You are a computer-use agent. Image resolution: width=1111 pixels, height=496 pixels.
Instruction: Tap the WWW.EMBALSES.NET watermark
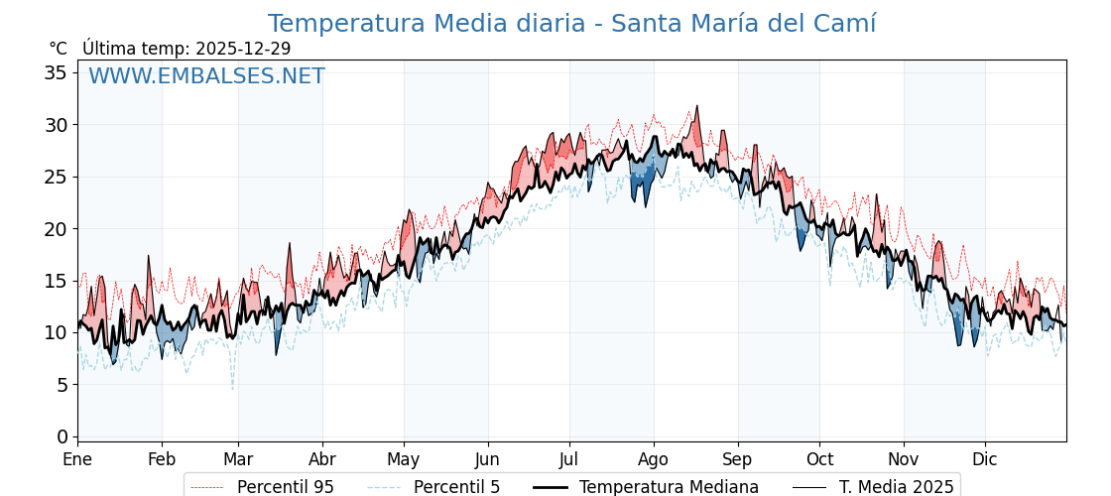[x=206, y=76]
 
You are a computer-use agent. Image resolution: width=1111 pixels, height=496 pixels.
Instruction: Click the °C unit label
[x=58, y=49]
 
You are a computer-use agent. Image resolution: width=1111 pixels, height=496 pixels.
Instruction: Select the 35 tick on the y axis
[x=56, y=72]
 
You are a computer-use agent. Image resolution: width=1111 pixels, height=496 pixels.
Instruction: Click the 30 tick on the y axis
[x=56, y=125]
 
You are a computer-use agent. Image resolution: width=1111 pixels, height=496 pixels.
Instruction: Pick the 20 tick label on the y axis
[x=56, y=228]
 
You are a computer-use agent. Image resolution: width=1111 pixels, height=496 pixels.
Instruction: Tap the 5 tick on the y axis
[x=62, y=384]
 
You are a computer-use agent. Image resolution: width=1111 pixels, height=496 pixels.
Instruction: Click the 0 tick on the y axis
[x=62, y=436]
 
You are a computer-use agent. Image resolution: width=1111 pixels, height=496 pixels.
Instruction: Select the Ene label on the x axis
[x=77, y=459]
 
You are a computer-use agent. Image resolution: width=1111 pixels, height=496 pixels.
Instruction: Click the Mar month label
[x=238, y=459]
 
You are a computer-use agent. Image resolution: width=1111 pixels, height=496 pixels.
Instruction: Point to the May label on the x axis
[x=404, y=459]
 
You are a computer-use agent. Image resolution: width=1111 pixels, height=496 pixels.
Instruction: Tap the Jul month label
[x=569, y=459]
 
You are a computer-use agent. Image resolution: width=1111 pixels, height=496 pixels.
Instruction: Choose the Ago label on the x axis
[x=653, y=459]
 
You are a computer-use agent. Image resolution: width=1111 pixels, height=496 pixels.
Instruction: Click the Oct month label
[x=819, y=459]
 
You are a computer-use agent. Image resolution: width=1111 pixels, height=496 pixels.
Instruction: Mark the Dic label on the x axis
[x=985, y=459]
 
